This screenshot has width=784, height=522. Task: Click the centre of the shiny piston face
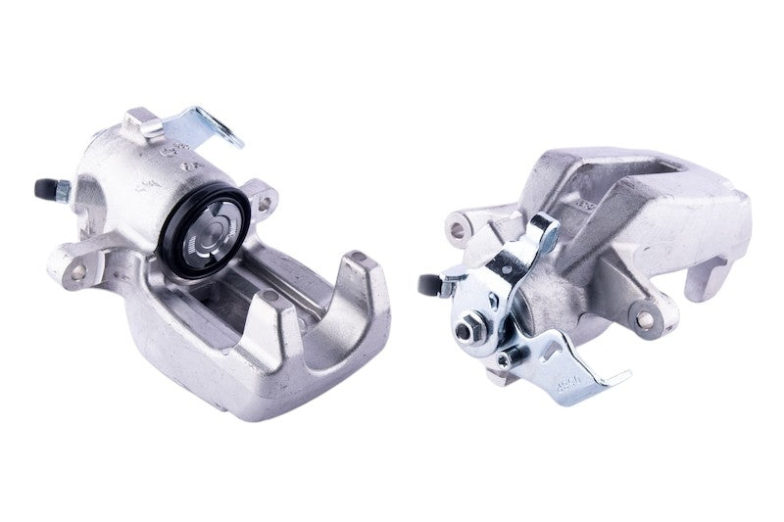[215, 232]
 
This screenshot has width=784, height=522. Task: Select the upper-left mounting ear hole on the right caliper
[456, 230]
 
